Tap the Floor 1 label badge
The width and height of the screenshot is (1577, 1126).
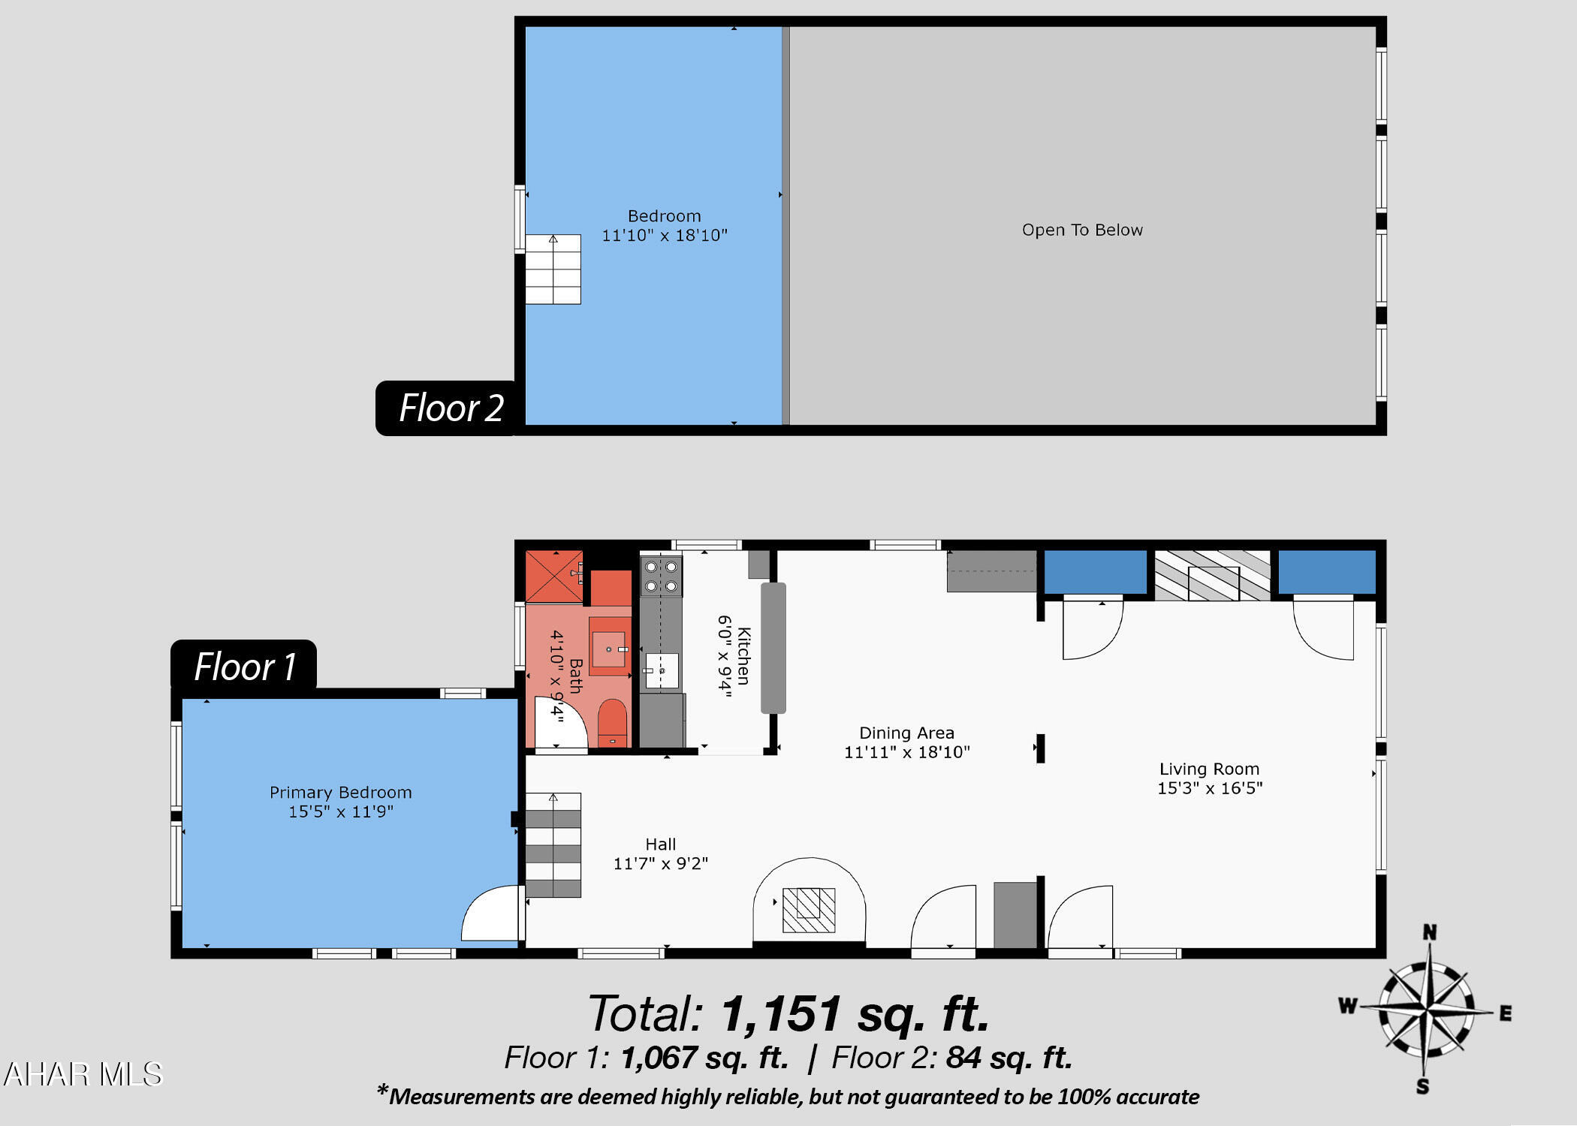pyautogui.click(x=244, y=666)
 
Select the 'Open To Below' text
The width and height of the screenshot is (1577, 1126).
pyautogui.click(x=1082, y=230)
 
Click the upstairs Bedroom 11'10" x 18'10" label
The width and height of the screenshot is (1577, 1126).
pyautogui.click(x=665, y=225)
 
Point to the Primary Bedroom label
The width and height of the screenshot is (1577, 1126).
pyautogui.click(x=341, y=802)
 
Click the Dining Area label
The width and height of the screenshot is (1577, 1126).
pyautogui.click(x=907, y=742)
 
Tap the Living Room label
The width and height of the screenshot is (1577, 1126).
pyautogui.click(x=1210, y=778)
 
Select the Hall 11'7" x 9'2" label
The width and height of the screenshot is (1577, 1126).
pyautogui.click(x=661, y=854)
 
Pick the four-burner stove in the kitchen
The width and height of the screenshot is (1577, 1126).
pyautogui.click(x=661, y=577)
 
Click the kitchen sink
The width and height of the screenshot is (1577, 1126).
pyautogui.click(x=662, y=670)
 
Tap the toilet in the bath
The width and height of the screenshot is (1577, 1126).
pyautogui.click(x=612, y=723)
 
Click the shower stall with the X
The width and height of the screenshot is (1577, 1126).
pyautogui.click(x=554, y=577)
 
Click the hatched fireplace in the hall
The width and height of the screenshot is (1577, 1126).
pyautogui.click(x=809, y=910)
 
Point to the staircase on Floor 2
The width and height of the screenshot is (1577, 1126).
pyautogui.click(x=553, y=269)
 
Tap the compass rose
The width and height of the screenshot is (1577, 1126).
pyautogui.click(x=1425, y=1010)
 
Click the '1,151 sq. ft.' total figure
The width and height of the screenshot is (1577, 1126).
pyautogui.click(x=855, y=1013)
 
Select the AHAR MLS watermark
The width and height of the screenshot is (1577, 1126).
pyautogui.click(x=83, y=1074)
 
